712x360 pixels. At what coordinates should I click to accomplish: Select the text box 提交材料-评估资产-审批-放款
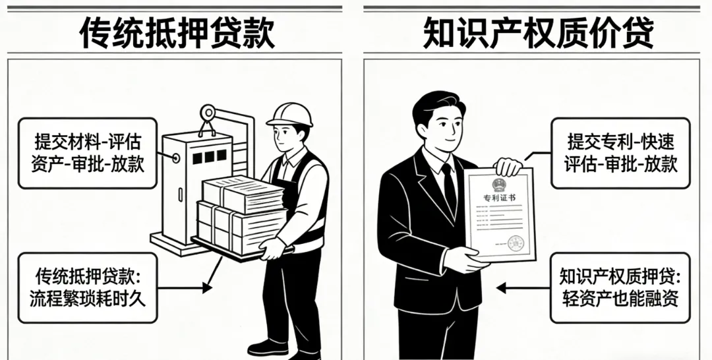[88, 152]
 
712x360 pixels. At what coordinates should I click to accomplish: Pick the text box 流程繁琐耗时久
[88, 287]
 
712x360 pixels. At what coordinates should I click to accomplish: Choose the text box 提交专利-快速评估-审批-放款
[620, 152]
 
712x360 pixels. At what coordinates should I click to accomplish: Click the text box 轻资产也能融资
[620, 287]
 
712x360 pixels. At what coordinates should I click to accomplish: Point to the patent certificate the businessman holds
[500, 214]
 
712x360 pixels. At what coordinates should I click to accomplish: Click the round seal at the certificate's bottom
[516, 242]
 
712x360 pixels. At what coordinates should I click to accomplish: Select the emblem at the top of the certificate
[499, 183]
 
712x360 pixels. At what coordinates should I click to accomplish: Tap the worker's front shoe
[268, 347]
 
